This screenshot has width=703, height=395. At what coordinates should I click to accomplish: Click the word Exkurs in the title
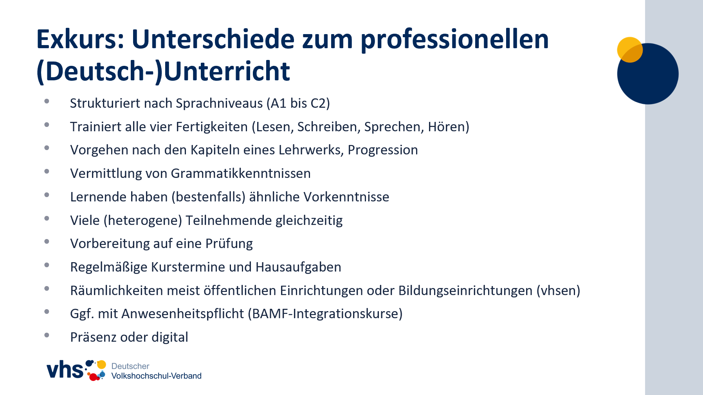click(80, 39)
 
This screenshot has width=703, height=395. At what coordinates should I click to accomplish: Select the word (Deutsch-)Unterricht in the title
click(163, 72)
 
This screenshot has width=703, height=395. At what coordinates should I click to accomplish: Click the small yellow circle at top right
click(630, 50)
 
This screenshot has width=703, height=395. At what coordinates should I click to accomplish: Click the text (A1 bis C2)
click(298, 103)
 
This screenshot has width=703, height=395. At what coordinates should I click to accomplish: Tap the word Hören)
click(449, 127)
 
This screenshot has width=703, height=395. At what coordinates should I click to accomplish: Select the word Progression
click(383, 150)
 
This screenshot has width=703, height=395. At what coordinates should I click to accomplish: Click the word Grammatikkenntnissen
click(241, 174)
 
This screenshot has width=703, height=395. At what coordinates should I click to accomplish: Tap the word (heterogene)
click(143, 221)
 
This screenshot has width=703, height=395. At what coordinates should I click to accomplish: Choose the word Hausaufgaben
click(298, 267)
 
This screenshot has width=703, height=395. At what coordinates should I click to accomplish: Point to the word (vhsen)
click(558, 291)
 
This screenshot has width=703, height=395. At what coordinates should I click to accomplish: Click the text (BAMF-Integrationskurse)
click(325, 314)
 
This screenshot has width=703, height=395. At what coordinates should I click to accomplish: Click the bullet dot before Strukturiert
click(47, 101)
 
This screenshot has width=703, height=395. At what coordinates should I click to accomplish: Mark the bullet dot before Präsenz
click(47, 335)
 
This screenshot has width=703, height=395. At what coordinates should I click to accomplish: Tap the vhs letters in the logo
click(65, 370)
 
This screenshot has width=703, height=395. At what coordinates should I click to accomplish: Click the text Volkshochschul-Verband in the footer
click(157, 376)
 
